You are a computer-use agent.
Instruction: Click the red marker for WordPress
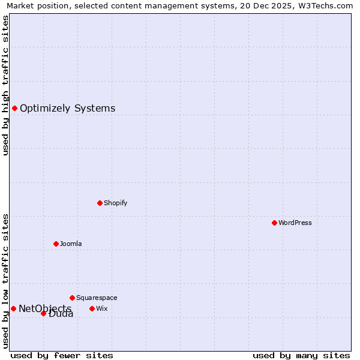pos(274,223)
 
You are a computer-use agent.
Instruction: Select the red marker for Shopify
pos(100,203)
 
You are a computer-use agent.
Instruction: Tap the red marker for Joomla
pos(56,244)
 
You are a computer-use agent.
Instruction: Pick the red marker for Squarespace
pos(72,298)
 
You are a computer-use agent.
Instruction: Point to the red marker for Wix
pos(92,308)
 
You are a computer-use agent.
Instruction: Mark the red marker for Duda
pos(43,313)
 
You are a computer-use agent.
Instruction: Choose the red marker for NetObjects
pos(13,308)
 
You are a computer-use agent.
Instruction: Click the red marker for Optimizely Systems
pos(14,108)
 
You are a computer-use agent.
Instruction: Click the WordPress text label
pos(295,223)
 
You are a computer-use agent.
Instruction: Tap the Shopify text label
pos(116,203)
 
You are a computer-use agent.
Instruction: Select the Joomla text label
pos(71,244)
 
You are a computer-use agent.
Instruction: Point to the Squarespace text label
pos(97,298)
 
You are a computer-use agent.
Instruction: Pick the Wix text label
pos(102,308)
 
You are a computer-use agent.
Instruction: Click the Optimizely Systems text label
pos(68,109)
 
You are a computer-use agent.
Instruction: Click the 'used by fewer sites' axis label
pos(62,355)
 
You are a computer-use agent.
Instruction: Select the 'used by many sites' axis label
pos(301,355)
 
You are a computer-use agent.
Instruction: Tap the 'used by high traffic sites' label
pos(5,85)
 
